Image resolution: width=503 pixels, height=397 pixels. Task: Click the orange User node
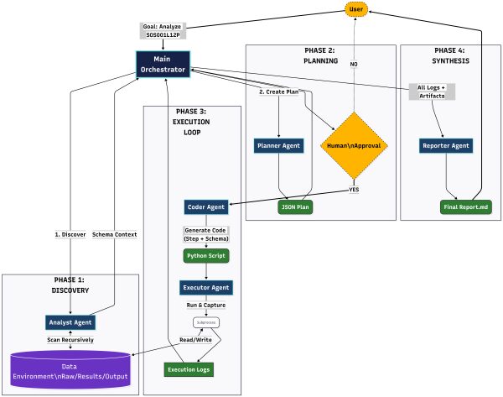coord(356,9)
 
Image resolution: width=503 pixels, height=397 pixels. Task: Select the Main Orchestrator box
coord(163,65)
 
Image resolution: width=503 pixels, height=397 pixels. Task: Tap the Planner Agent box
coord(278,145)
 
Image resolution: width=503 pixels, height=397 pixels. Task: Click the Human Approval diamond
coord(356,145)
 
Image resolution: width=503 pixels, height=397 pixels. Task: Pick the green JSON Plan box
coord(295,206)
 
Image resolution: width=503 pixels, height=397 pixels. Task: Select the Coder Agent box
coord(206,206)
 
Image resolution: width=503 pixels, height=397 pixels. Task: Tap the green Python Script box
coord(206,254)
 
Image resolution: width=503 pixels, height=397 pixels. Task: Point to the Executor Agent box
coord(206,288)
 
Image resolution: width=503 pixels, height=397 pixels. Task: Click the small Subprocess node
coord(206,322)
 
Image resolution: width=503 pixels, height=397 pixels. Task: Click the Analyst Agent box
coord(70,321)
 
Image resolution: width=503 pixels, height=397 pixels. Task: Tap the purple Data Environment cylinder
coord(70,371)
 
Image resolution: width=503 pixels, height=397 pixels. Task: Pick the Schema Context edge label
coord(114,234)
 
